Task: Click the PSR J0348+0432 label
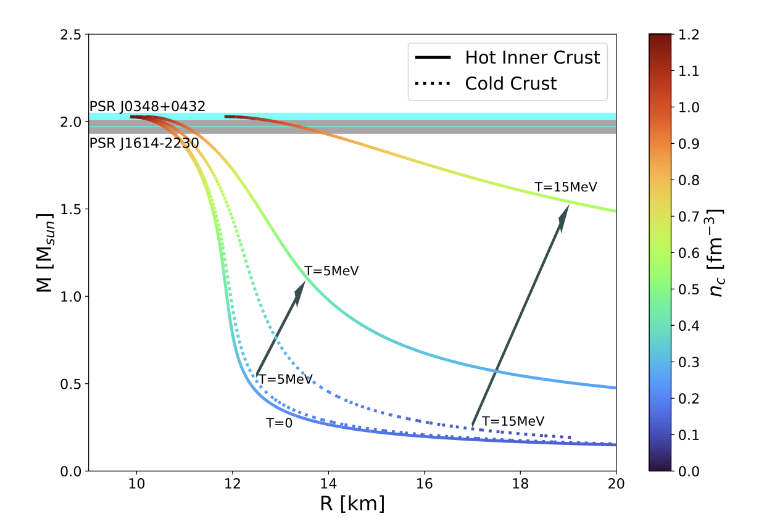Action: coord(147,106)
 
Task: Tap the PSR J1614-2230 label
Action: coord(144,143)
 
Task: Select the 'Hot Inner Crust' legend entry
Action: coord(508,57)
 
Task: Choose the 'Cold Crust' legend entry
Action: coord(486,83)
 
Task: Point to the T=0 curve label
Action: coord(279,423)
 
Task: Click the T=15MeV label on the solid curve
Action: coord(566,187)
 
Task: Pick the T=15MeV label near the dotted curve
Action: coord(513,421)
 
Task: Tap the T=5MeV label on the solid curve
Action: coord(331,271)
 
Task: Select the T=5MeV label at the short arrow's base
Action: coord(286,380)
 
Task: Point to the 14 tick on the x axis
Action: coord(328,484)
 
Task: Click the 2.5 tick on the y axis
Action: coord(70,35)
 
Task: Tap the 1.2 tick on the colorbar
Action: coord(689,35)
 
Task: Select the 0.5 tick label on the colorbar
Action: coord(689,289)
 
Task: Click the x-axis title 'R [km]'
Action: coord(352,504)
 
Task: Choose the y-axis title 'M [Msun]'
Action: coord(45,253)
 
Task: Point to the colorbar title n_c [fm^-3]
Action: coord(715,253)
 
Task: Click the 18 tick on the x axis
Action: coord(520,484)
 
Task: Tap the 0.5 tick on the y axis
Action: coord(70,384)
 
